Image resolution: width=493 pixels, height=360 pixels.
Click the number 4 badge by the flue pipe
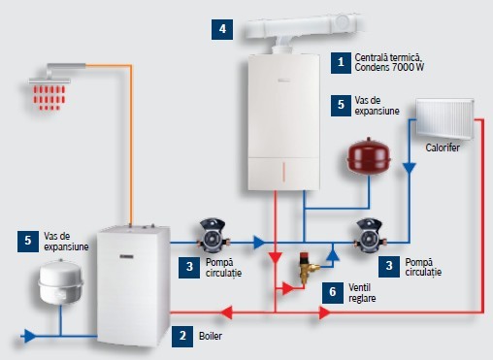222,30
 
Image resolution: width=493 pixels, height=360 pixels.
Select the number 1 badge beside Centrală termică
341,63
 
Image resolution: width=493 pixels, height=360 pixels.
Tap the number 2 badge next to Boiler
182,337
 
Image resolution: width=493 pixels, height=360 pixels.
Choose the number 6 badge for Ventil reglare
333,293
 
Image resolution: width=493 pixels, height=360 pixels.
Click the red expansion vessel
369,156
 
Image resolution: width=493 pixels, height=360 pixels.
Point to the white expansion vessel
61,281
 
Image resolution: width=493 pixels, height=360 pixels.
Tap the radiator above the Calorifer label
444,119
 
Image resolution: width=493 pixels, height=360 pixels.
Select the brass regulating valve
309,267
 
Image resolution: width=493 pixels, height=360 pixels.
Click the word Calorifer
443,147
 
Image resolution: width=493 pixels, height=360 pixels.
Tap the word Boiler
211,336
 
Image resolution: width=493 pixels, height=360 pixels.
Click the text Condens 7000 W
389,67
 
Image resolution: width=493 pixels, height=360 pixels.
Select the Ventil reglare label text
362,293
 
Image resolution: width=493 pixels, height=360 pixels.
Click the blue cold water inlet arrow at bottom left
30,336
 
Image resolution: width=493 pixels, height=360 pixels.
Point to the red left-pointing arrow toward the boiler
226,312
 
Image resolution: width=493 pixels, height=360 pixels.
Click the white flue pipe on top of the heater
302,29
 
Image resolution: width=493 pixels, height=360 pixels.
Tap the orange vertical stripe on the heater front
283,172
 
